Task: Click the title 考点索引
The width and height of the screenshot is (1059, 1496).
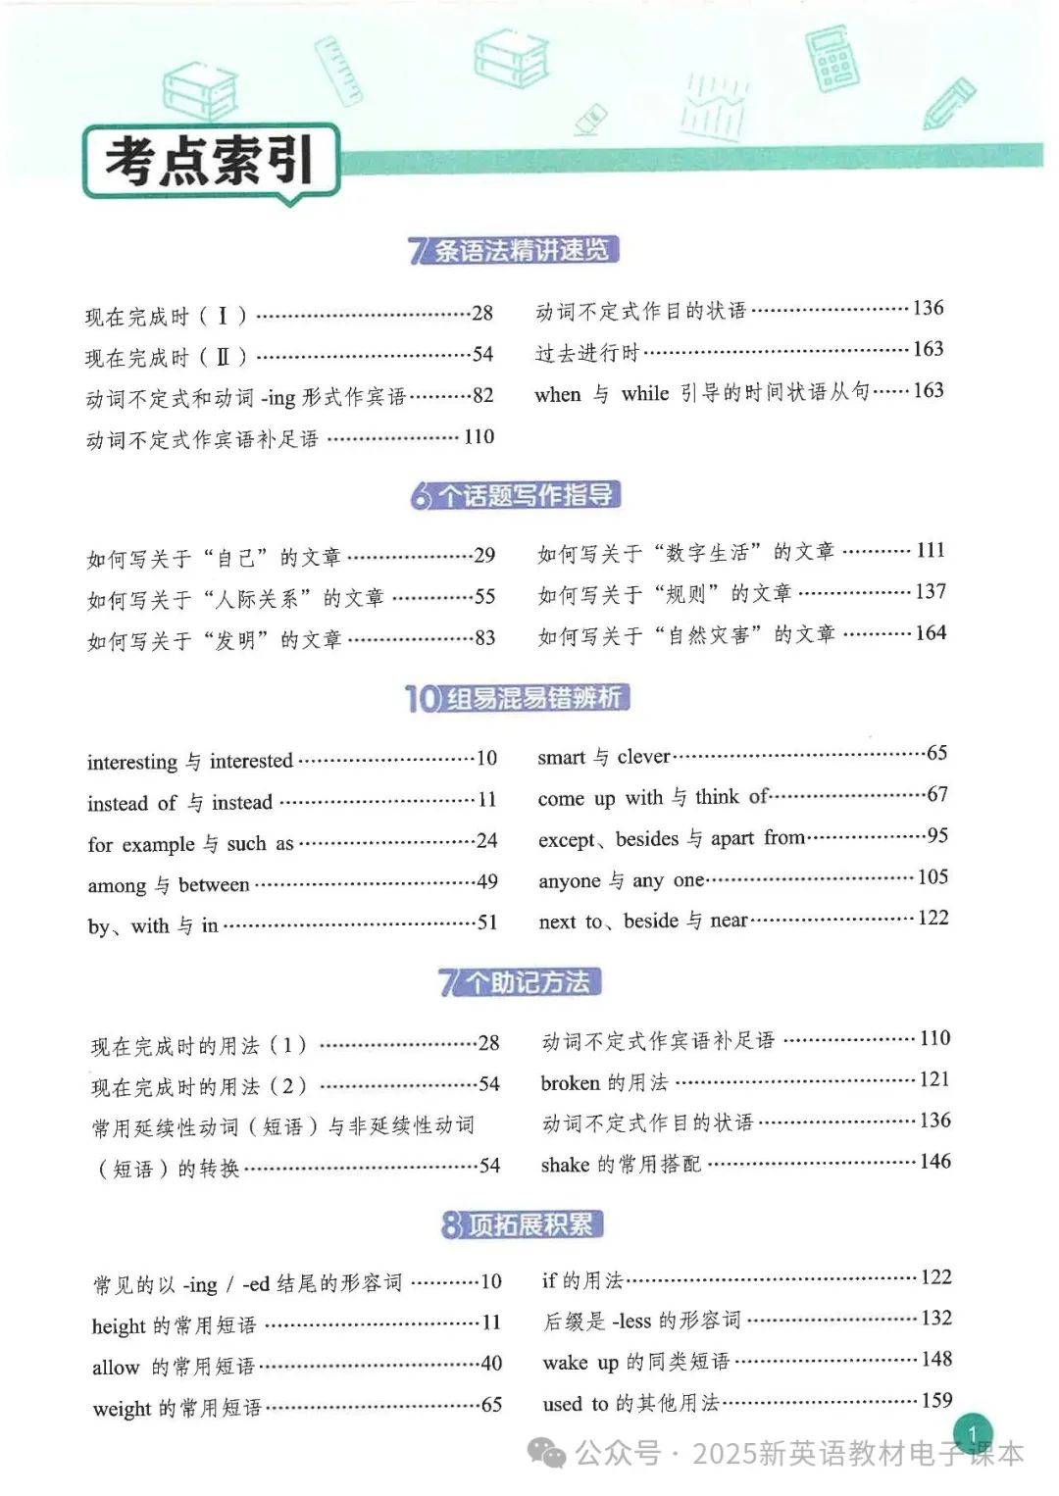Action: coord(210,162)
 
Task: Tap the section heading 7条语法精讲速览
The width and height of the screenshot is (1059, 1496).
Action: coord(514,250)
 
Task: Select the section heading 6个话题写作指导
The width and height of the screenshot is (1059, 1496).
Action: coord(516,495)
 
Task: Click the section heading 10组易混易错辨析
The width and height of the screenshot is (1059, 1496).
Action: coord(516,698)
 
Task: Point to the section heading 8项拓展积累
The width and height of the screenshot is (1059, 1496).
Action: coord(521,1224)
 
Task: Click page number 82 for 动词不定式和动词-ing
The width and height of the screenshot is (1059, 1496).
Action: coord(482,395)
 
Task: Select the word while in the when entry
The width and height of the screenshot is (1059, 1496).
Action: coord(644,393)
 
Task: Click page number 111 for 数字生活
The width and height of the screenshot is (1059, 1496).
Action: coord(930,550)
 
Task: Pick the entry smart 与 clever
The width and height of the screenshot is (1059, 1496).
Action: coord(604,756)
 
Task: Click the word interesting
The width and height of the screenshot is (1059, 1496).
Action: coord(131,762)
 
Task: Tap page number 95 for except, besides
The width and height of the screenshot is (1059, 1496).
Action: coord(936,835)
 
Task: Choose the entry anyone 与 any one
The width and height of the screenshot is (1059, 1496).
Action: coord(621,880)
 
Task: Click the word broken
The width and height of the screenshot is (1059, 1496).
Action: coord(570,1082)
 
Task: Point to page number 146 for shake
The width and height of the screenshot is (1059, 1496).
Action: coord(934,1162)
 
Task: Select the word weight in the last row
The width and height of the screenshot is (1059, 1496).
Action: coord(122,1409)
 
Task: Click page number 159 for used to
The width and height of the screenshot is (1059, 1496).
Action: coord(936,1400)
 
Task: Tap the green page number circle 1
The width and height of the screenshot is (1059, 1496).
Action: coord(972,1435)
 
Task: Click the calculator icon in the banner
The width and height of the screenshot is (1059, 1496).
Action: coord(832,60)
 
